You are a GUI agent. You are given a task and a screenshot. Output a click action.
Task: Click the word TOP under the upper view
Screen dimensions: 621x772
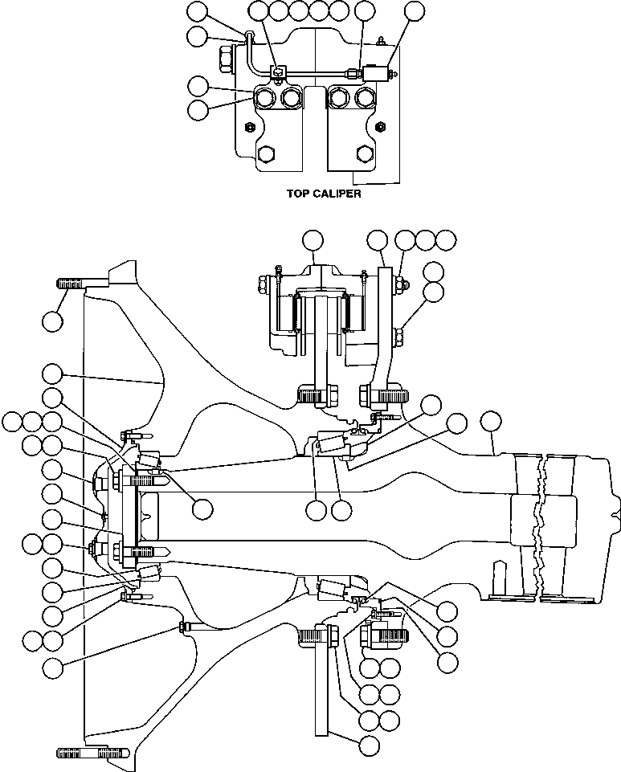pyautogui.click(x=298, y=194)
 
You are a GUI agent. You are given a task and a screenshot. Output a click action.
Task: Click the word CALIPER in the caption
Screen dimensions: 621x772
pyautogui.click(x=337, y=194)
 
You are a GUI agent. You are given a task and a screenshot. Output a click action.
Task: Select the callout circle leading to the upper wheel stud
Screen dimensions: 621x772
pyautogui.click(x=53, y=321)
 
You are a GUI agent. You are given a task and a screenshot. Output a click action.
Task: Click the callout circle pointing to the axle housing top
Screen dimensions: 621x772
pyautogui.click(x=492, y=423)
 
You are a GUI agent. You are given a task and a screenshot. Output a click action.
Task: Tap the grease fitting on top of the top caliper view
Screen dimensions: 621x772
pyautogui.click(x=380, y=41)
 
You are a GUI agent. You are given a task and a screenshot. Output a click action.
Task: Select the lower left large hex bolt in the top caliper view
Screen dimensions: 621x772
pyautogui.click(x=266, y=154)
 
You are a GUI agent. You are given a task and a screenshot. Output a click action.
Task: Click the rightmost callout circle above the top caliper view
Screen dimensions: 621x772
pyautogui.click(x=415, y=11)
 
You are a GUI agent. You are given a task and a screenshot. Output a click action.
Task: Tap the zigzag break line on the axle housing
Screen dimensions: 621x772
pyautogui.click(x=540, y=528)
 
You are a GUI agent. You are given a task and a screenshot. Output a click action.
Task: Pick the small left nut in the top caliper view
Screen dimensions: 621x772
pyautogui.click(x=250, y=127)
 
